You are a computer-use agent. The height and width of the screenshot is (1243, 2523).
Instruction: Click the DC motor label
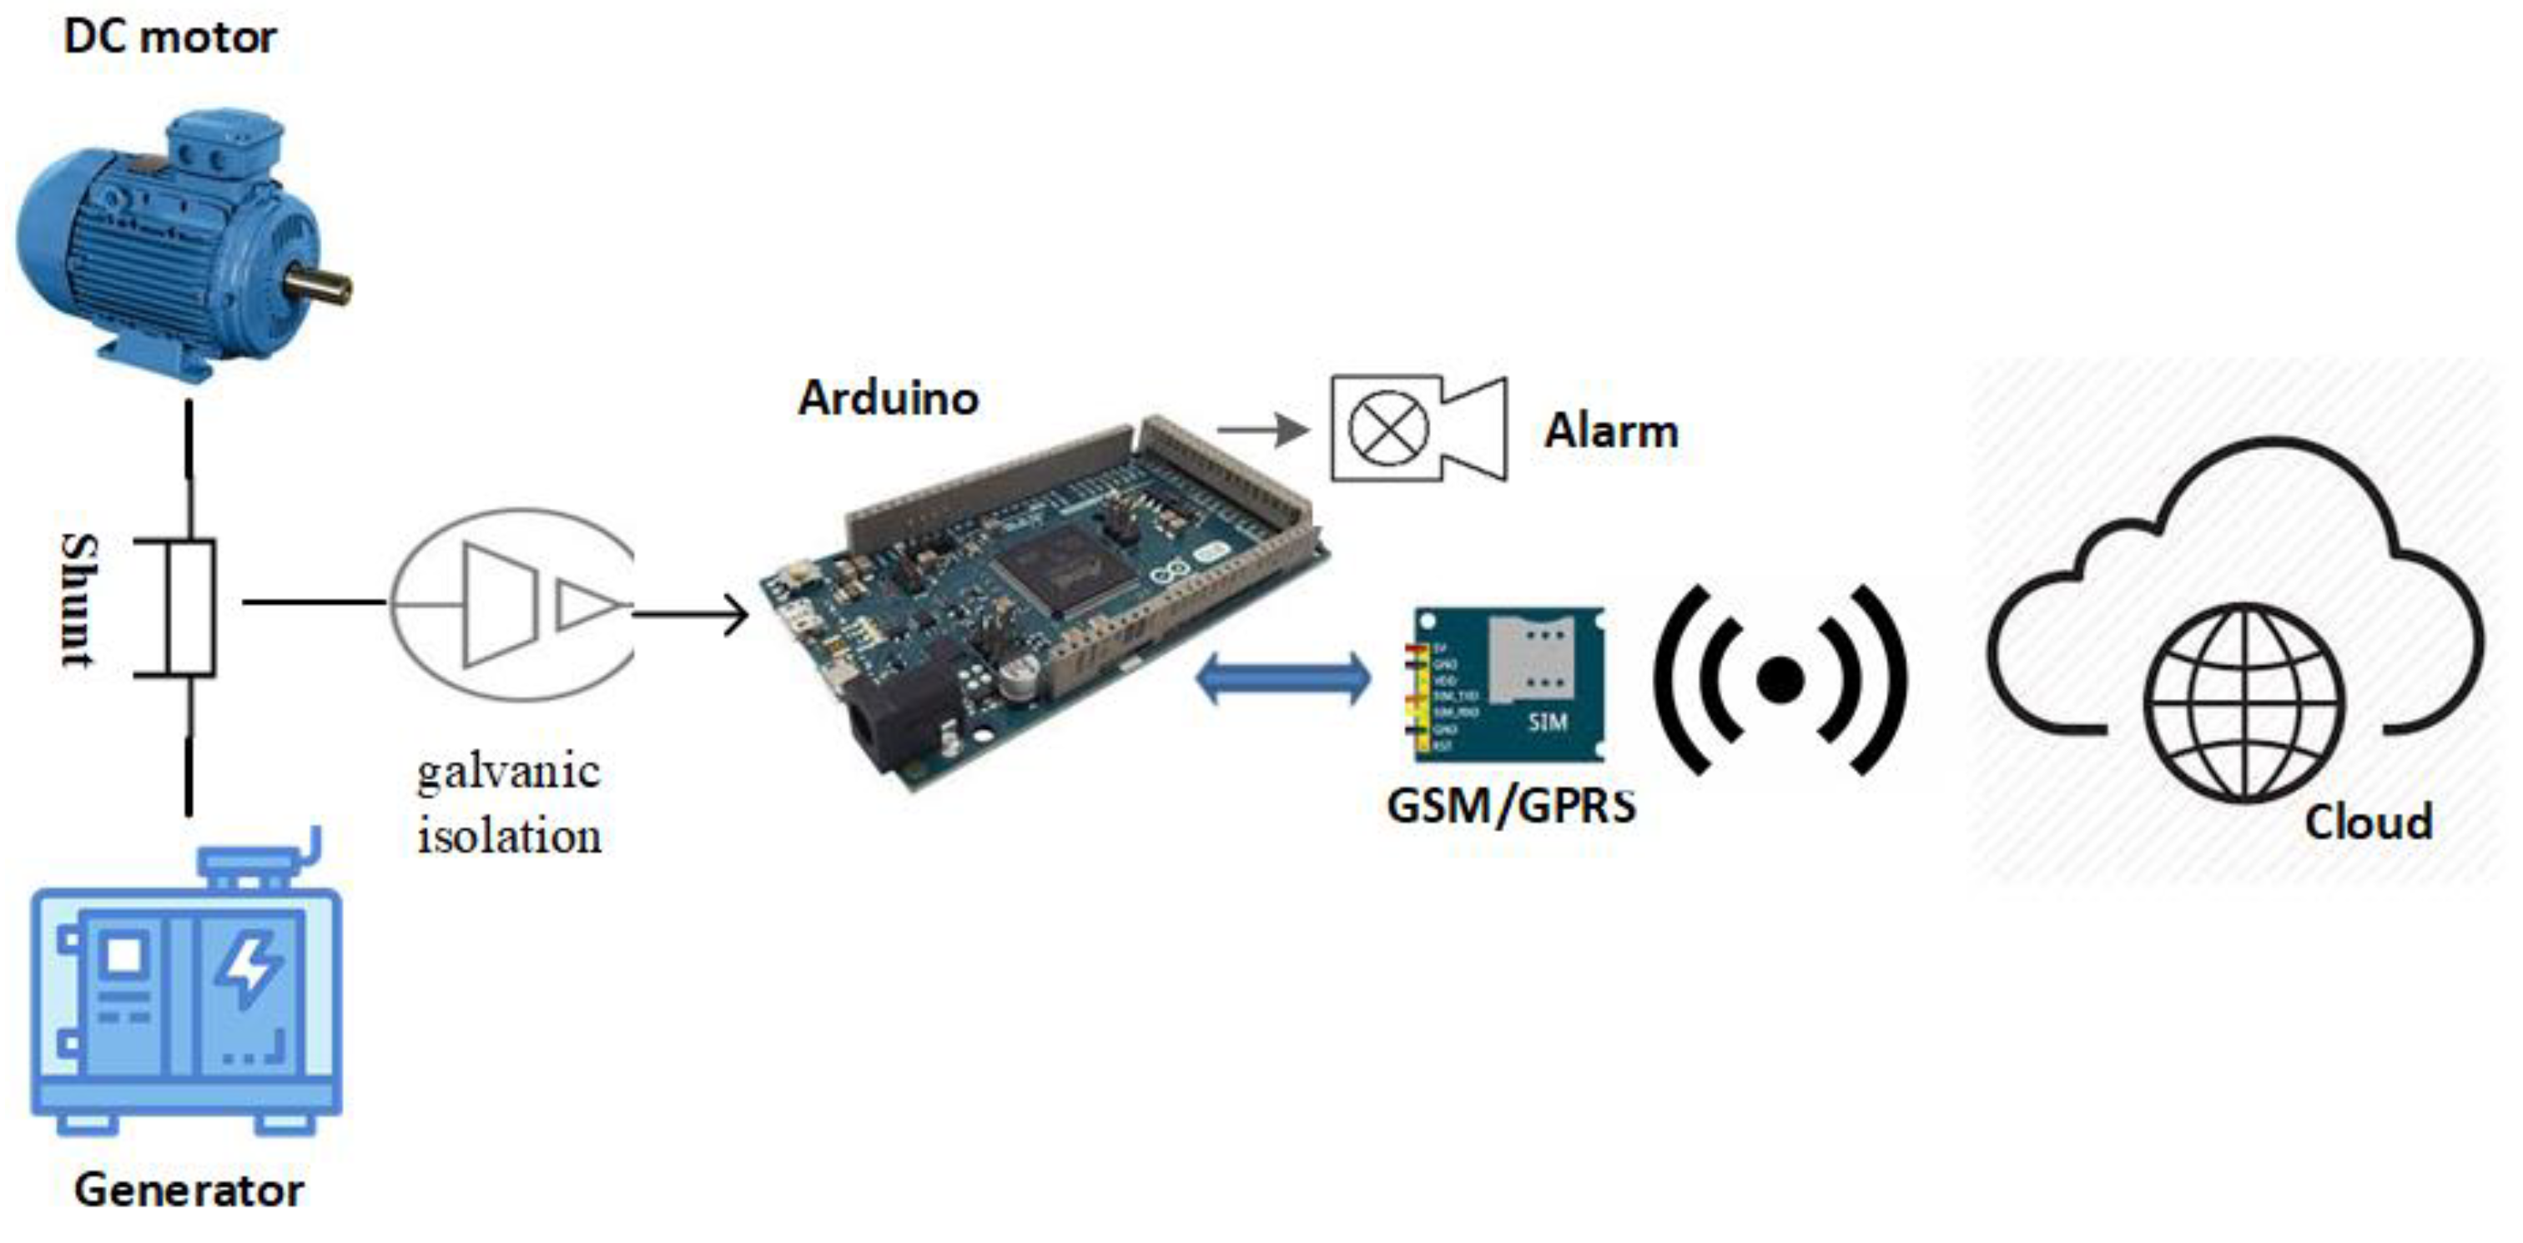[x=169, y=38]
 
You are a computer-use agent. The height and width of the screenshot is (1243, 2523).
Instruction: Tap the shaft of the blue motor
[x=320, y=286]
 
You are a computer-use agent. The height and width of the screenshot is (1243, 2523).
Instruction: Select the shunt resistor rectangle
[x=190, y=607]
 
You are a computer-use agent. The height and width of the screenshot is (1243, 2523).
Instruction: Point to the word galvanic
[x=508, y=772]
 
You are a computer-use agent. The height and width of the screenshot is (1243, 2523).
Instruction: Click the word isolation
[x=509, y=837]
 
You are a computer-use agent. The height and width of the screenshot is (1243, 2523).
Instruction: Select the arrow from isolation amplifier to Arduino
[x=692, y=615]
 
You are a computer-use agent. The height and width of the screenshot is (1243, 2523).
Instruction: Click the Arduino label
[x=889, y=398]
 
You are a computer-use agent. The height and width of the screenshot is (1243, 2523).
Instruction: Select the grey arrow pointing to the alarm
[x=1262, y=429]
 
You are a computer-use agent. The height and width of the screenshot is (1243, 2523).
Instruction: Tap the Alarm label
[x=1611, y=431]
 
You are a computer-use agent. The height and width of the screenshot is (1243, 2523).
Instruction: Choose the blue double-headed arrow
[x=1284, y=678]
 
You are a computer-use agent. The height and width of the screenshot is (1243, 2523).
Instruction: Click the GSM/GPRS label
[x=1511, y=806]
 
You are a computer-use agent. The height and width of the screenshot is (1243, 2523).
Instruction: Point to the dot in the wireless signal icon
[x=1780, y=680]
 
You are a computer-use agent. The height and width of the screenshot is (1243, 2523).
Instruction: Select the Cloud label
[x=2369, y=822]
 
